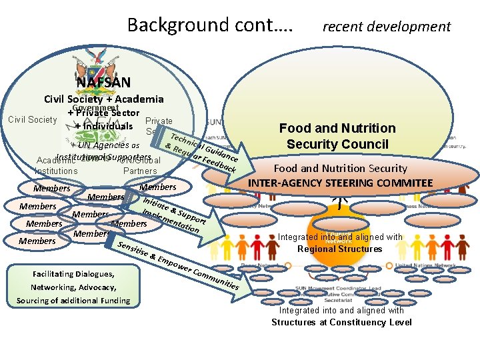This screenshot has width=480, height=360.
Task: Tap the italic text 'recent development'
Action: (387, 27)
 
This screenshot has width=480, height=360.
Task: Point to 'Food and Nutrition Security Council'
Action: (337, 136)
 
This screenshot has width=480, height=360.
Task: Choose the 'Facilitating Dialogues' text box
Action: (73, 287)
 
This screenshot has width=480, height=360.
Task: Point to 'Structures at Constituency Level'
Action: (341, 323)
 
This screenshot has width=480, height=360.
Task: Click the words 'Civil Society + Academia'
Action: (103, 99)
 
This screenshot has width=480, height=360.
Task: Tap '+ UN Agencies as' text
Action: (105, 145)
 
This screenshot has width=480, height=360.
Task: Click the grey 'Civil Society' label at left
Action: (32, 120)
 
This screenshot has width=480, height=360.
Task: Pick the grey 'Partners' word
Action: (140, 171)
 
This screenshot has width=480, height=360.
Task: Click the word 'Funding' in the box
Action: (112, 301)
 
